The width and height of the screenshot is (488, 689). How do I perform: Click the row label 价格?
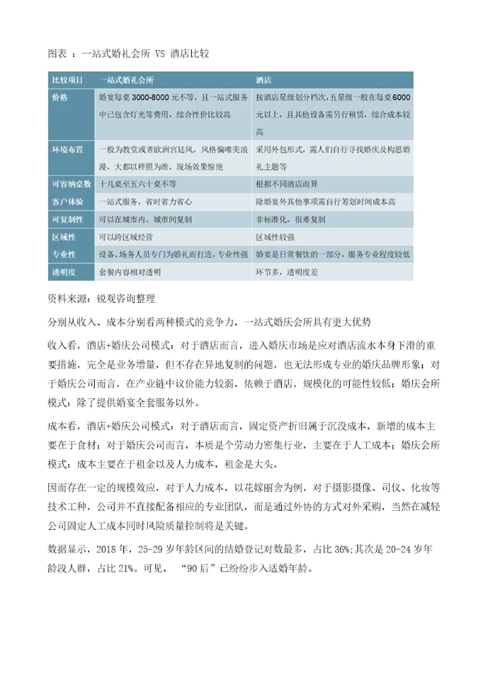pos(60,98)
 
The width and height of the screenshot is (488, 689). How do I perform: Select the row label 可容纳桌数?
pos(71,184)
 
